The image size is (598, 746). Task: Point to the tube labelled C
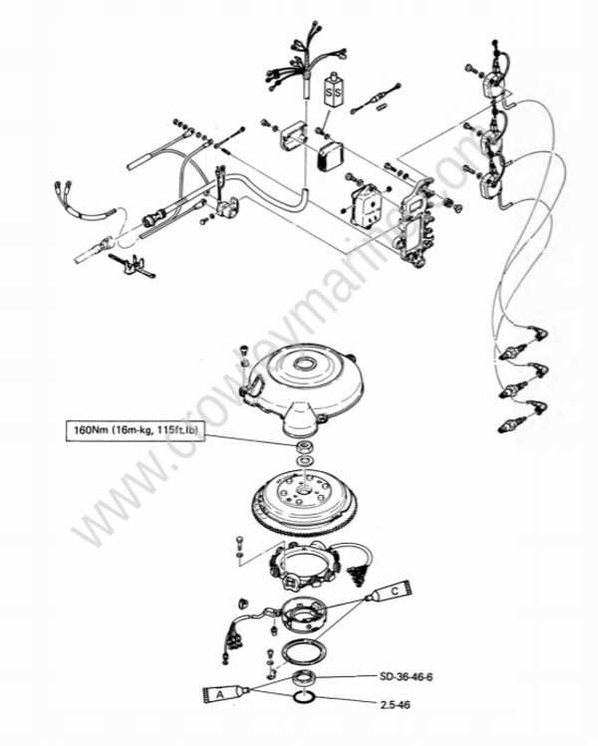pyautogui.click(x=390, y=590)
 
